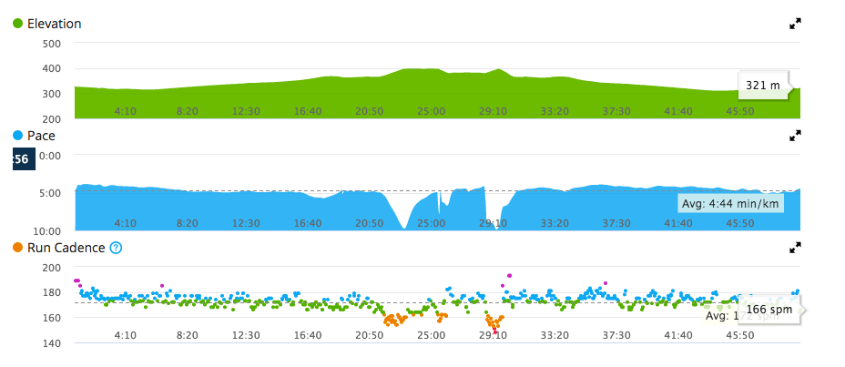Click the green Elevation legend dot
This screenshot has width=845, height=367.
pos(18,24)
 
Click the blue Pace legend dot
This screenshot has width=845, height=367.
pos(18,136)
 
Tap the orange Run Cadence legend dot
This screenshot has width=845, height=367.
pos(18,248)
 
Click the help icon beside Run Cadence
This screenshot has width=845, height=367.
pos(116,248)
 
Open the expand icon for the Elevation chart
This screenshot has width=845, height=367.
pos(795,24)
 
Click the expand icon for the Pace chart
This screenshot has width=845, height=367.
pos(795,136)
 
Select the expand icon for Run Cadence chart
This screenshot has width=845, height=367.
pos(795,247)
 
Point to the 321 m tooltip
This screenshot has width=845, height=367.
pos(763,86)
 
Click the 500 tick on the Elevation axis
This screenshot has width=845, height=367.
pos(51,44)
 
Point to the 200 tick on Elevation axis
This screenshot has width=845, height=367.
pos(51,119)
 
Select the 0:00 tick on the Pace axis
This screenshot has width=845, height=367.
pos(48,156)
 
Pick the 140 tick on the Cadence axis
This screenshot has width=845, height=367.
pos(51,343)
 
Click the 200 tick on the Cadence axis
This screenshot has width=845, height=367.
pos(51,268)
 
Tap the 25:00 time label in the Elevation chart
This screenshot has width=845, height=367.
pos(431,111)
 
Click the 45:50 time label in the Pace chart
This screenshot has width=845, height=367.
pos(739,223)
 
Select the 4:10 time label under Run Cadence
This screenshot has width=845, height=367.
pos(125,335)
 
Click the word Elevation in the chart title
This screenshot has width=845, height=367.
pos(55,24)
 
